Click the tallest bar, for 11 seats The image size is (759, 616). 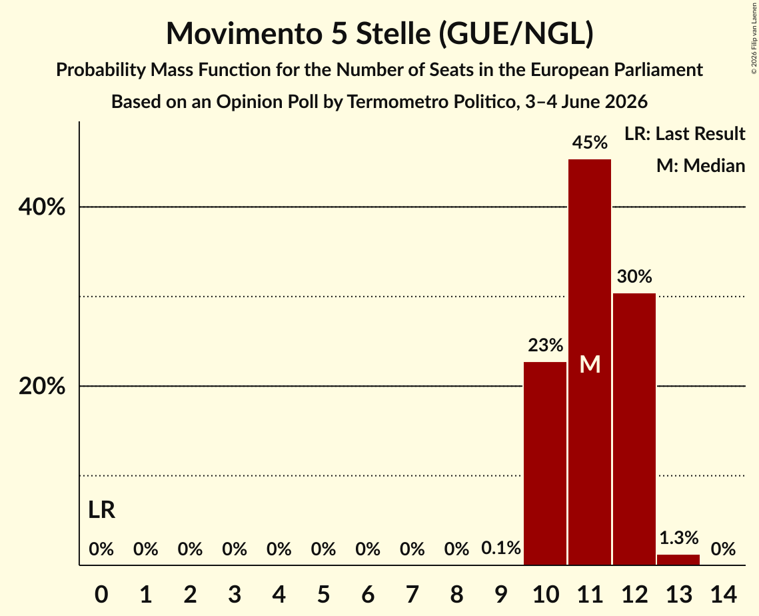coord(590,362)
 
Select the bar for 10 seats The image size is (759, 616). coord(545,463)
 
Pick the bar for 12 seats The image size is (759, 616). coord(634,429)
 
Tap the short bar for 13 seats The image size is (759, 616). coord(678,560)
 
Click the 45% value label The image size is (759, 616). coord(590,143)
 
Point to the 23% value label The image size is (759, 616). coord(546,345)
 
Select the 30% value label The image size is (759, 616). coord(634,277)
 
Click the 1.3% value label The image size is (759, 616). coord(678,537)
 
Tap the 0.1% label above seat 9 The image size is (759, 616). coord(501,548)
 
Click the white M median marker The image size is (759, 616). coord(590,364)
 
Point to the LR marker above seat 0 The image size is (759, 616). coord(102,510)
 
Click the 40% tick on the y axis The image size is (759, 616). coord(41,207)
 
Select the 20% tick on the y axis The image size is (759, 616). coord(41,386)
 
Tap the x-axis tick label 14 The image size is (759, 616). coord(723,594)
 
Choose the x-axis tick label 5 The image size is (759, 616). coord(323,594)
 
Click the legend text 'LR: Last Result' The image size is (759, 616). coord(684,133)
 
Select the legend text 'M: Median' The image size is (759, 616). coord(700,165)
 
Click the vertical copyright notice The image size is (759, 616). coord(754,38)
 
